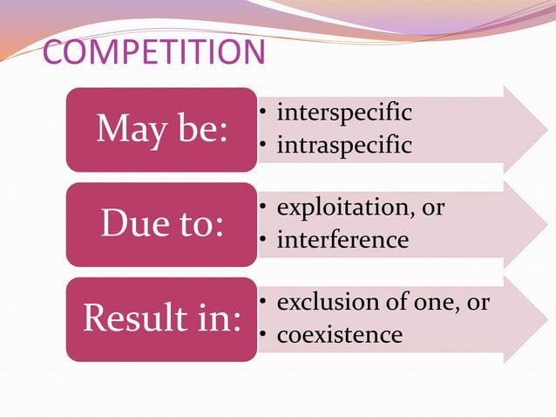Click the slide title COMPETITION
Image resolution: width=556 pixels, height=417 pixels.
(153, 52)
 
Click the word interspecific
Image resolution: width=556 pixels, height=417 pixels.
(343, 113)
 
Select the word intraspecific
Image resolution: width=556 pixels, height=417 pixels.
(343, 145)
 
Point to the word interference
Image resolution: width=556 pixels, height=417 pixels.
(342, 239)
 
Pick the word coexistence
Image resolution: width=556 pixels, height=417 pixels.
(339, 334)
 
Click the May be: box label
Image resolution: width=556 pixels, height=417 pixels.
(161, 129)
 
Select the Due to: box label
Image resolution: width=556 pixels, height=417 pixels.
(161, 224)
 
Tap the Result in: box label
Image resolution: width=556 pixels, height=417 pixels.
(161, 319)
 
